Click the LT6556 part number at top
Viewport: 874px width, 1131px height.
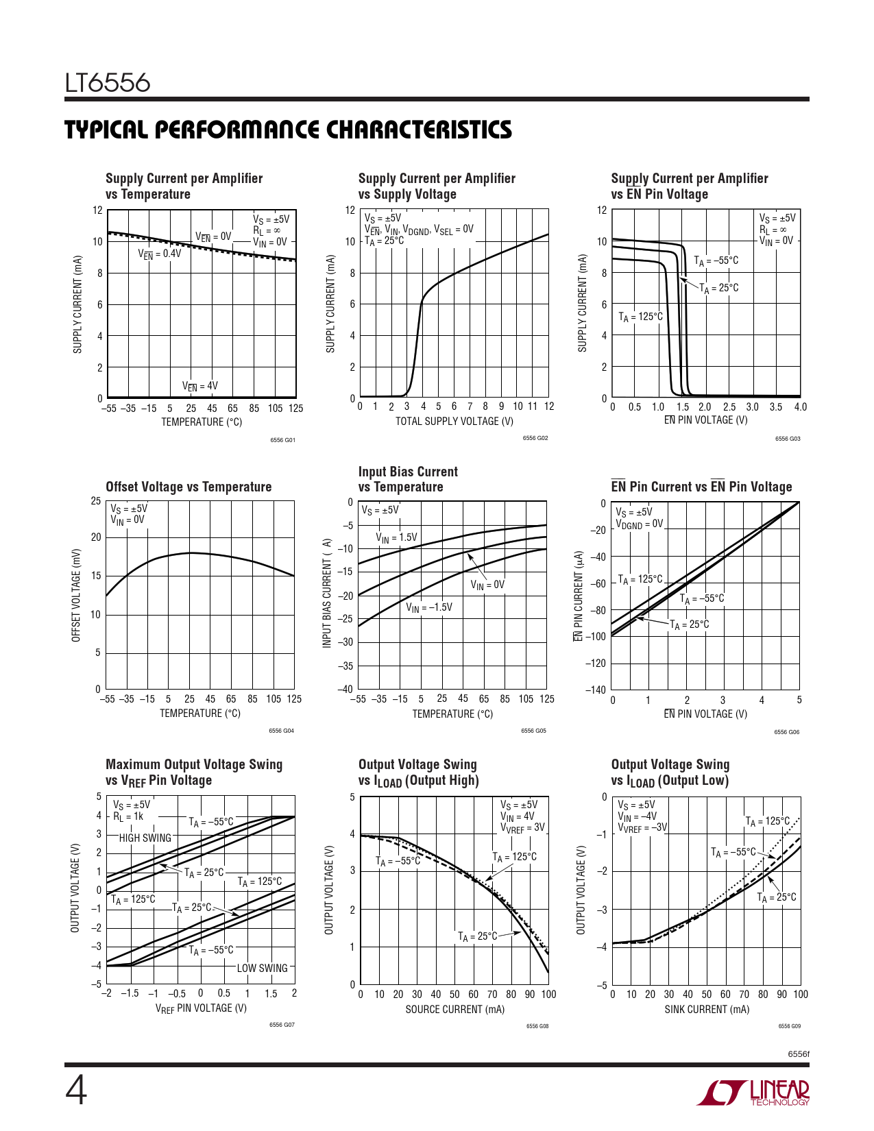[x=108, y=83]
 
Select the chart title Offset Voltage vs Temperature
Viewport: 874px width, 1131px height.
[x=189, y=487]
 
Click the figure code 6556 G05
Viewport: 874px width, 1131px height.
[x=533, y=731]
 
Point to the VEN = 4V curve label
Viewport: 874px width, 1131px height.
[x=200, y=386]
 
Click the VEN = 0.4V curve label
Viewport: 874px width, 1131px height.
[x=160, y=254]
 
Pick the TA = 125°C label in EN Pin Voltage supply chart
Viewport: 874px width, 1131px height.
[x=641, y=317]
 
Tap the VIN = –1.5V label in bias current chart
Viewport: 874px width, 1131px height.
[x=429, y=607]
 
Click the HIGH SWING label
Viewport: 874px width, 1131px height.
[x=145, y=838]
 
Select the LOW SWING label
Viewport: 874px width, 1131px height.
[x=263, y=968]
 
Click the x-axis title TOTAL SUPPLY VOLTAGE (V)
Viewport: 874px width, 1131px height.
[x=454, y=421]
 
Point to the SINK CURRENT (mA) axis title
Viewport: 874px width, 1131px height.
[x=707, y=1009]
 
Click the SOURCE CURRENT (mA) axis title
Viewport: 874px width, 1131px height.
[x=454, y=1009]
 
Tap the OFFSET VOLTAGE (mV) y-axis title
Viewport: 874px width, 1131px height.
[x=77, y=595]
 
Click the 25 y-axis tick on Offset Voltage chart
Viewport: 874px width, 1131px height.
[x=96, y=501]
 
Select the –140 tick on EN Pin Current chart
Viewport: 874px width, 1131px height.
[x=595, y=690]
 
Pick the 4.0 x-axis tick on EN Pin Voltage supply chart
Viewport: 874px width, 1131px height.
[x=800, y=407]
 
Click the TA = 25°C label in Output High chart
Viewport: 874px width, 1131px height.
[x=478, y=936]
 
